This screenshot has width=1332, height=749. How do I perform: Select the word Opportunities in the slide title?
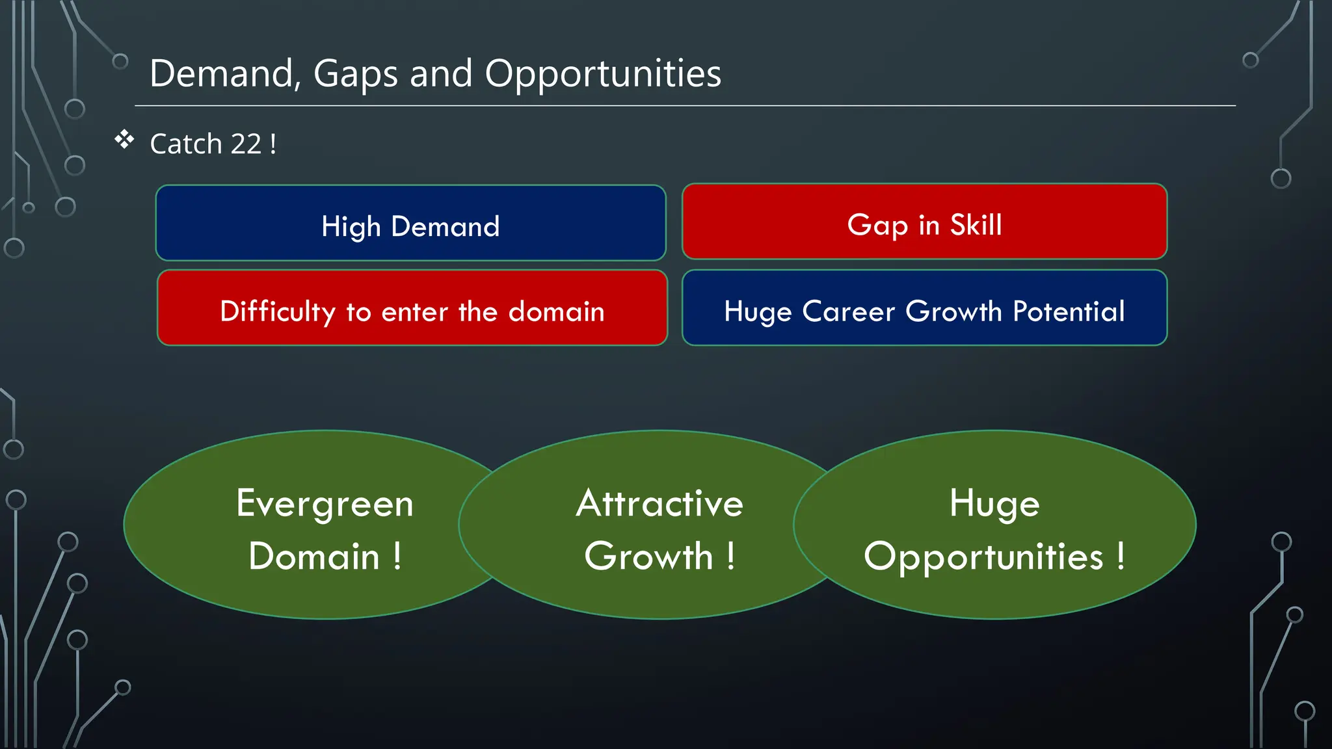click(603, 73)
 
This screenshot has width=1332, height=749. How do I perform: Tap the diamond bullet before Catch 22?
click(124, 139)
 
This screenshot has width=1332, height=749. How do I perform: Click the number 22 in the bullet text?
click(245, 144)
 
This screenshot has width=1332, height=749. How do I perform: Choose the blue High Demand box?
click(410, 223)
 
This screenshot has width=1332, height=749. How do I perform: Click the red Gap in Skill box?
click(924, 221)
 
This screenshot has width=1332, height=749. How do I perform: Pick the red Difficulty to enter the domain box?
click(412, 308)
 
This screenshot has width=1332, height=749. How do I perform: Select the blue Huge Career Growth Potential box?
click(924, 308)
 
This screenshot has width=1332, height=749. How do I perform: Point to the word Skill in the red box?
click(976, 225)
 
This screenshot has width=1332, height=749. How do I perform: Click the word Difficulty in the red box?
click(278, 311)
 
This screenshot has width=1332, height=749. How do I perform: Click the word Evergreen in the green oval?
click(325, 504)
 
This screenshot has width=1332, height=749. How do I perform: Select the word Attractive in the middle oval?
click(659, 504)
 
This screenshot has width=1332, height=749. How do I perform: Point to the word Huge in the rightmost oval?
click(994, 504)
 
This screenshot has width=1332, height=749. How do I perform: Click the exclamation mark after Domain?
click(397, 556)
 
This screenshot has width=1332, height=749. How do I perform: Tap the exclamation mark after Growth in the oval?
click(731, 556)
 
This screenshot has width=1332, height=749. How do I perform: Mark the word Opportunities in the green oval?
click(983, 557)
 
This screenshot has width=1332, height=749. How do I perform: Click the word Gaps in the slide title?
click(355, 73)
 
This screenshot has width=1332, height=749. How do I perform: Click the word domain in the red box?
click(556, 311)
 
